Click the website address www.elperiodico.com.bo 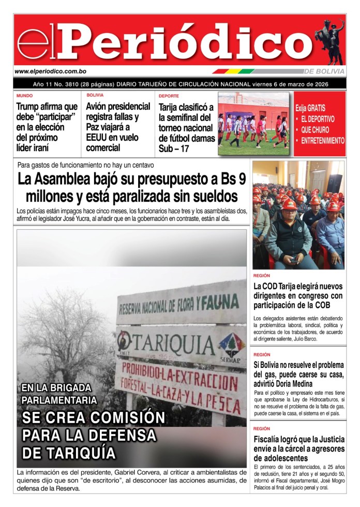[x=50, y=71]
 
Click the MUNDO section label [x=24, y=96]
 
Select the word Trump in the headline [x=31, y=107]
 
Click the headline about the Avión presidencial [x=112, y=127]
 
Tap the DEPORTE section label [x=169, y=96]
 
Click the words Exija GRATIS [x=310, y=108]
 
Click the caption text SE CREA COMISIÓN [x=93, y=417]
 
